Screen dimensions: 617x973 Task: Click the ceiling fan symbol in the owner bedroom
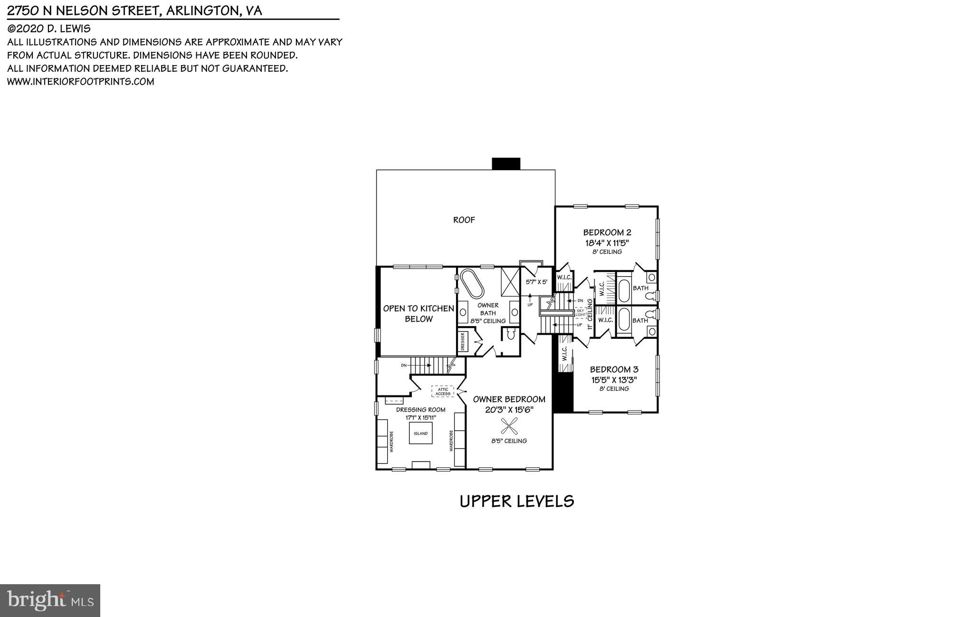click(509, 425)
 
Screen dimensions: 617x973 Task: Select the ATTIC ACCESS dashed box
click(443, 391)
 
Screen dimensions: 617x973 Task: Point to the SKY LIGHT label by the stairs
click(581, 312)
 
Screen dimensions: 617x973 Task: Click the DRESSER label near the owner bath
click(463, 342)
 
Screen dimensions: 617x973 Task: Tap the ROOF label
click(464, 220)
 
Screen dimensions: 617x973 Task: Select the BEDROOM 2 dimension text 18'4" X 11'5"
click(607, 242)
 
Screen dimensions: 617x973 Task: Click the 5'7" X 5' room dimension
click(536, 282)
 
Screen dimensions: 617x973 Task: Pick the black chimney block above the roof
click(506, 164)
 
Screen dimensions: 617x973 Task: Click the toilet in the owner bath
click(511, 335)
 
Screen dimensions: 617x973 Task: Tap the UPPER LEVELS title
click(517, 501)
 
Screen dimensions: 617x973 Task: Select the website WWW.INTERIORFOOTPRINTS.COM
click(81, 81)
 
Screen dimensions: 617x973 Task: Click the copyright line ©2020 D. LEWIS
click(49, 29)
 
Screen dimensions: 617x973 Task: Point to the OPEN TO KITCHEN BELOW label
click(419, 313)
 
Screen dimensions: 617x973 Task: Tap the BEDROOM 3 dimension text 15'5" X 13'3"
click(614, 380)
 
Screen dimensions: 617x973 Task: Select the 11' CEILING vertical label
click(590, 314)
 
